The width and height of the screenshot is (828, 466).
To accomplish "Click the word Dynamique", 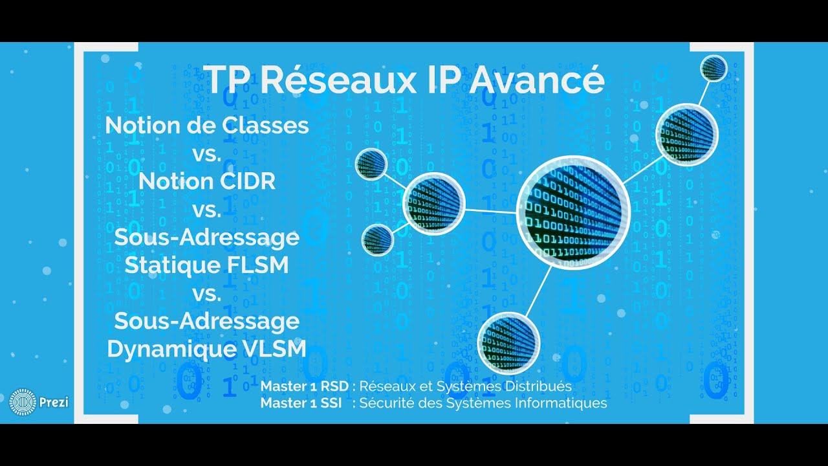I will click(x=162, y=349).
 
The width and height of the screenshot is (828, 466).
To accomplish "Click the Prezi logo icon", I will click(x=23, y=402).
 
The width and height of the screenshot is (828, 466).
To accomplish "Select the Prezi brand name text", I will click(x=54, y=403).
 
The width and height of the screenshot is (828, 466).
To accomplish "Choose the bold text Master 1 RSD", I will click(x=305, y=386).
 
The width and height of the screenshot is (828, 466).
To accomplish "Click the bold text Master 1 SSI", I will click(x=301, y=403).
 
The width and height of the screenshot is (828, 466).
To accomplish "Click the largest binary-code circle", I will click(x=573, y=212).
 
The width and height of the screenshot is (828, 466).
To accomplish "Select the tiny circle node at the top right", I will click(x=714, y=68).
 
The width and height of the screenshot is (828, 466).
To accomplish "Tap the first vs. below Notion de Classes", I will click(x=207, y=154).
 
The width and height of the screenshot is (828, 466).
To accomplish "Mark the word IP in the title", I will click(x=428, y=80).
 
